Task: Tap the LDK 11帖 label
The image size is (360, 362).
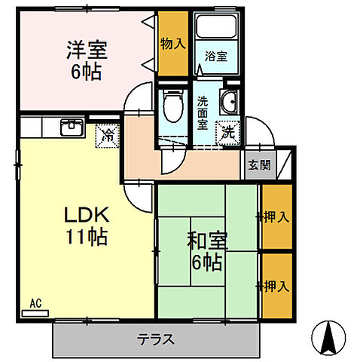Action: pos(84,225)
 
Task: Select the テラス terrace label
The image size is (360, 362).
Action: pos(157,339)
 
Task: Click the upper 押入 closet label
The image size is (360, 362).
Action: pos(275,217)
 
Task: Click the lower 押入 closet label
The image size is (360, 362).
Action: pos(275,286)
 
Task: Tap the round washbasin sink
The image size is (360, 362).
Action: pos(228,102)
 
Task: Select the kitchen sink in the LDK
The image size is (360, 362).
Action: pos(71,127)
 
